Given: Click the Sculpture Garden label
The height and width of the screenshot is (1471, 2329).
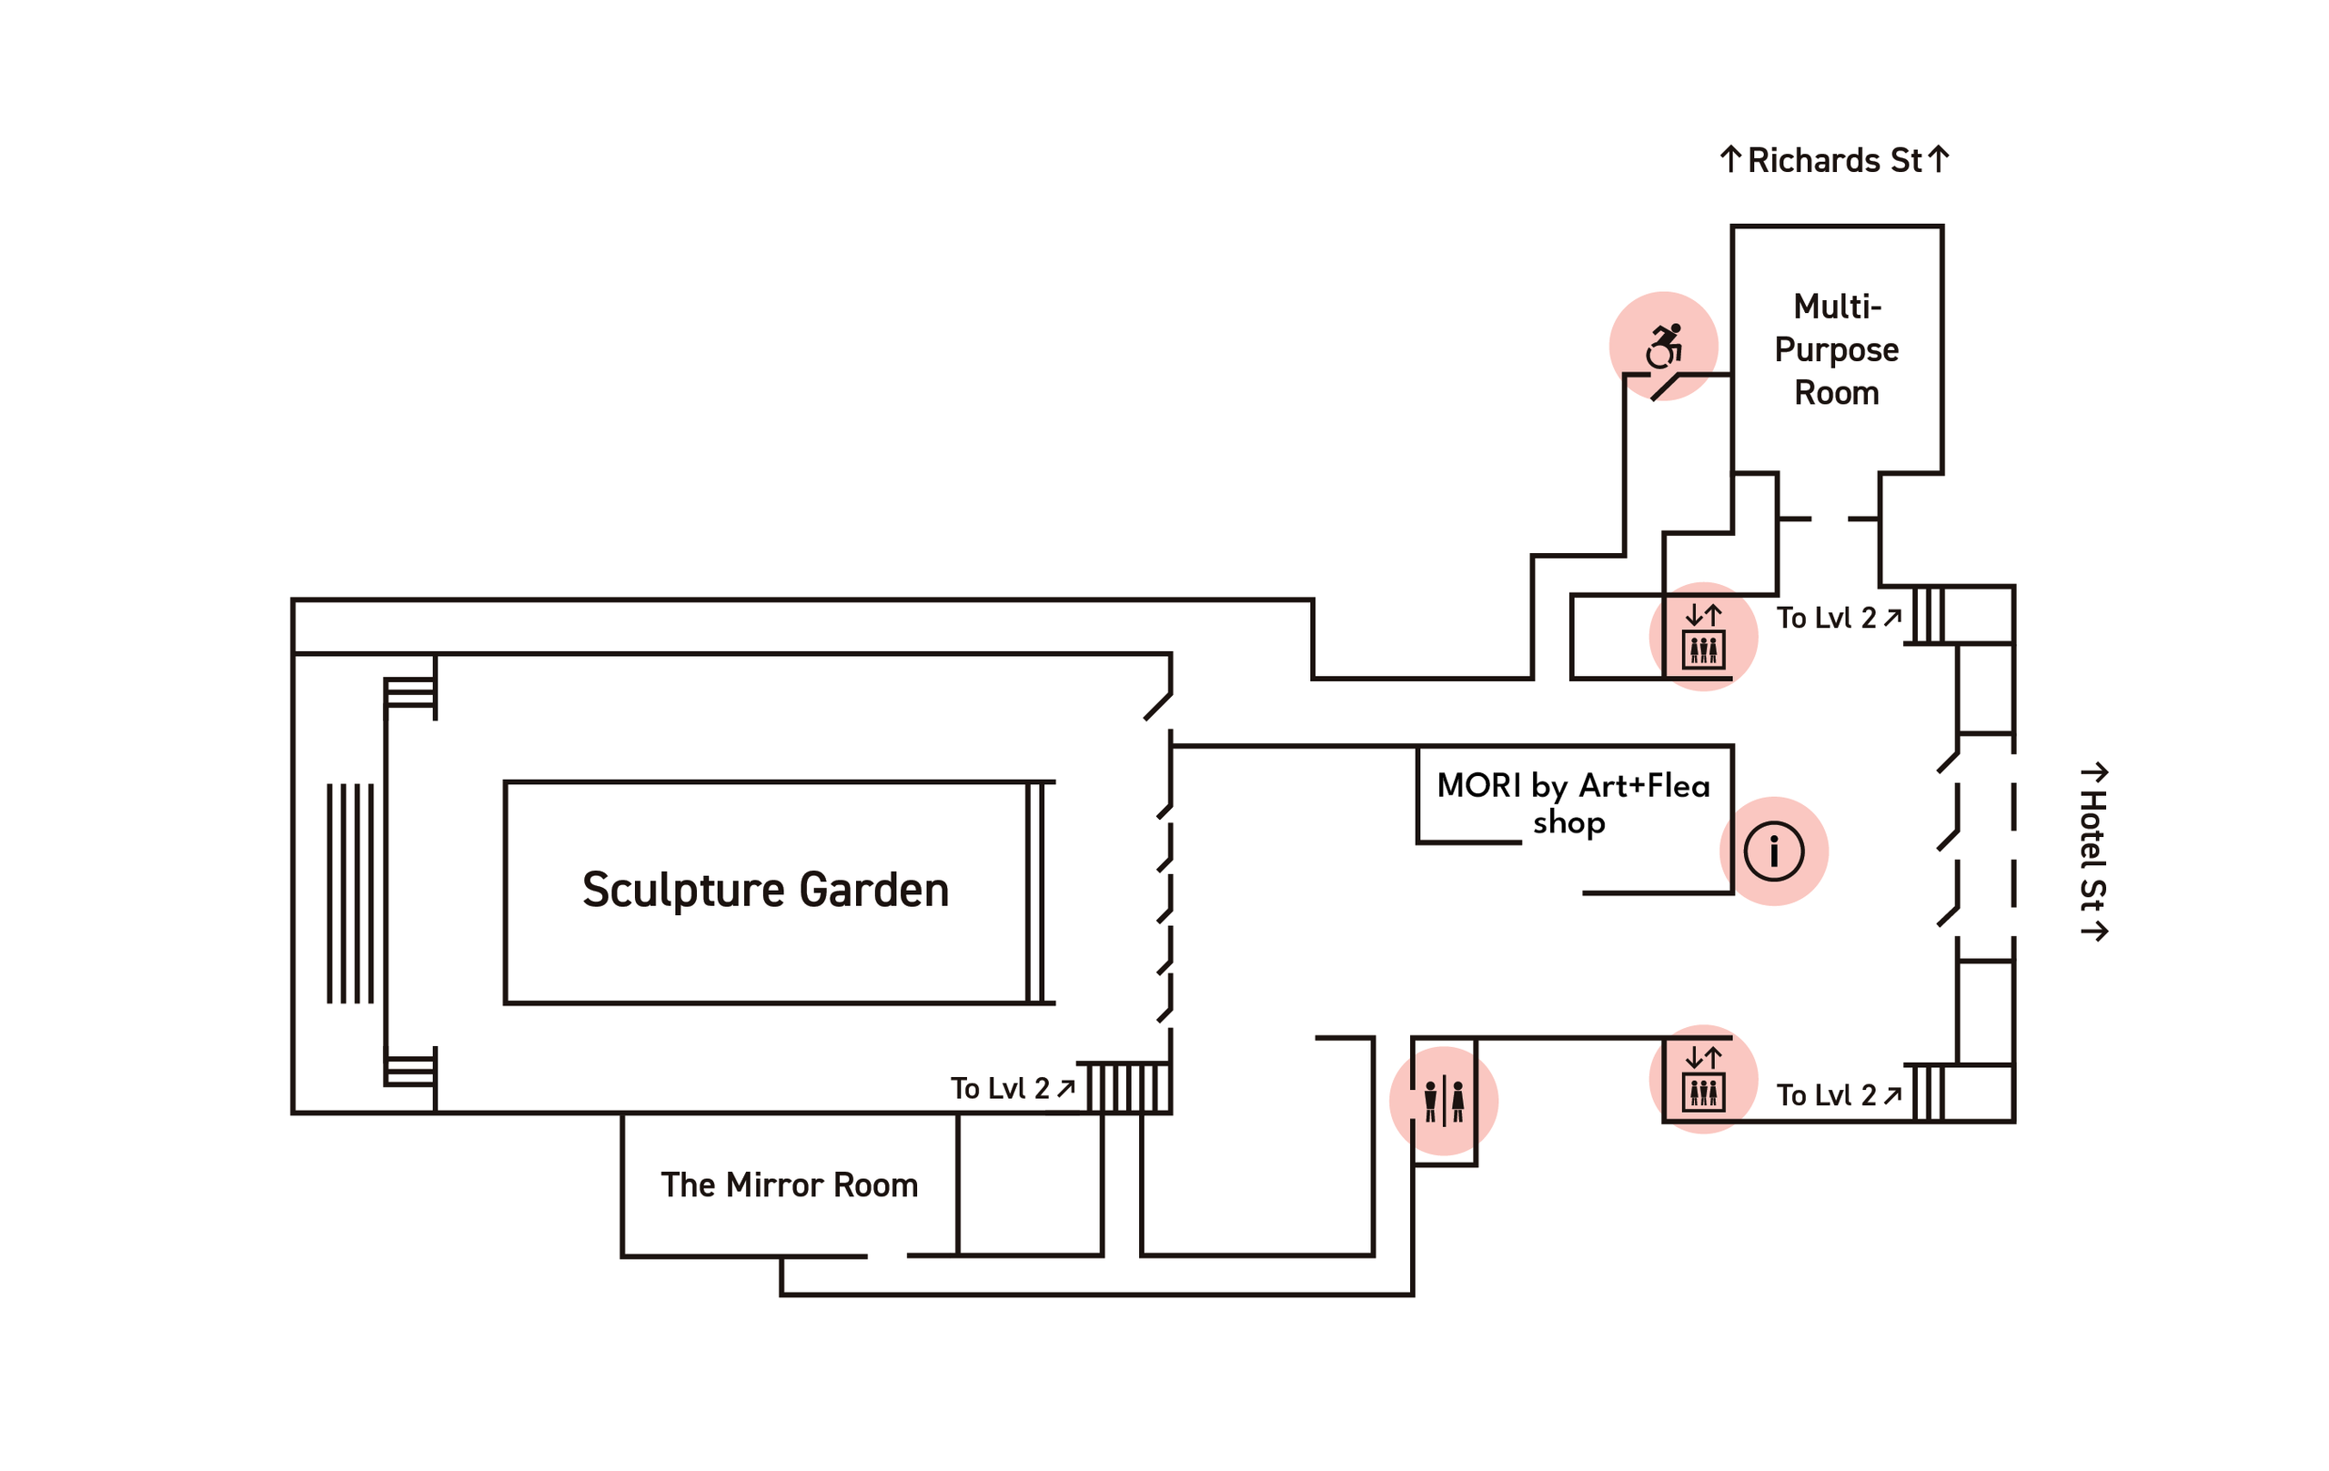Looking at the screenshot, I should tap(765, 890).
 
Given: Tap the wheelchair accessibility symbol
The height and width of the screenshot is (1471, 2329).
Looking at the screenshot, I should tap(1665, 347).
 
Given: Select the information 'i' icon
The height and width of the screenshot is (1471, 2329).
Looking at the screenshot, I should tap(1774, 852).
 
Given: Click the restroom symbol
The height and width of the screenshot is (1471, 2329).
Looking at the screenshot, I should tap(1443, 1102).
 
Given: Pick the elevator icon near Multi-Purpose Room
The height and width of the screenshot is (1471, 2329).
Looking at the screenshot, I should tap(1703, 638).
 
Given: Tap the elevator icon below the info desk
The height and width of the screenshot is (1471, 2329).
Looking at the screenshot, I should tap(1703, 1079).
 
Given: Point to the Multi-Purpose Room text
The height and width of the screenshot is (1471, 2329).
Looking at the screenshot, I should tap(1836, 349).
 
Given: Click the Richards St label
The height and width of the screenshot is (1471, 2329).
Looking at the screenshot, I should tap(1835, 160).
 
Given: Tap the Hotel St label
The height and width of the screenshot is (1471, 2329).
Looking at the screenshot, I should tap(2092, 851).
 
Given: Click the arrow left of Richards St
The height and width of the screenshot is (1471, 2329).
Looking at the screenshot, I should tap(1730, 159).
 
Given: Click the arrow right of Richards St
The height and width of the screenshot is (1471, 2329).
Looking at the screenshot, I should tap(1937, 159).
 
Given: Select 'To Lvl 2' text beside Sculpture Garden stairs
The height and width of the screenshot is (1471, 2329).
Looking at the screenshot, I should tap(1000, 1089).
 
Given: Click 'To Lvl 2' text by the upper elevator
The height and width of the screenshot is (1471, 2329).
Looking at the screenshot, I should tap(1826, 618).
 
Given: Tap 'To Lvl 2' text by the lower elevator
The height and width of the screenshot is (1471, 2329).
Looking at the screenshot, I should tap(1826, 1096).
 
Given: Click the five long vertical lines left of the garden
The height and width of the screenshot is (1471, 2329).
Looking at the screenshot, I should tap(350, 893).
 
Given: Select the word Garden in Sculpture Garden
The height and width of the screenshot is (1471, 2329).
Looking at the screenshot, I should tap(874, 890).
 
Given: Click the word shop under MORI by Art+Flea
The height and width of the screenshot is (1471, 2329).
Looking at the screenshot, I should tap(1568, 823).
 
